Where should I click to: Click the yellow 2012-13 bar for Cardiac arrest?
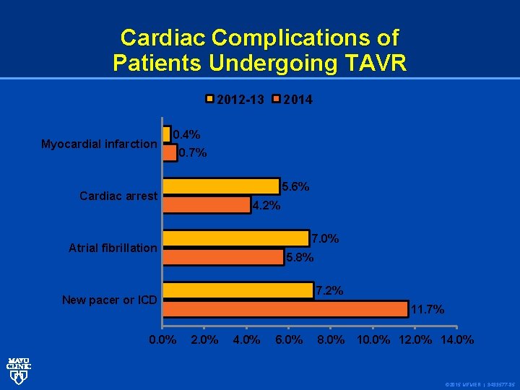[221, 186]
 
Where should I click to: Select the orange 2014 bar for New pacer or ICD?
[285, 309]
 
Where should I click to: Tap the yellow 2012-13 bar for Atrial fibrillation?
[236, 238]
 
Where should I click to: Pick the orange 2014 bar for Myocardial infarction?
[170, 152]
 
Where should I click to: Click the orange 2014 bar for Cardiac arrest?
[207, 205]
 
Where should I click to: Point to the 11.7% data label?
[427, 310]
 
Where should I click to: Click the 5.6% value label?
[295, 186]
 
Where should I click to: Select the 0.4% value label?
[186, 134]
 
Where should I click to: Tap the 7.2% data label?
[329, 290]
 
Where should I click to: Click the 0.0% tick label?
[162, 339]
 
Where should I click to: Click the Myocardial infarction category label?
[99, 144]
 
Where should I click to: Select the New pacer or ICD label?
[109, 300]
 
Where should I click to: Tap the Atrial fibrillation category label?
[113, 248]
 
